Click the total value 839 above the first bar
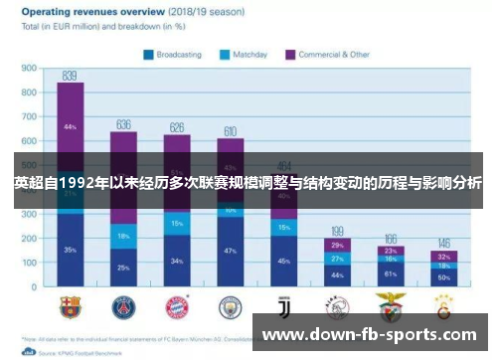coord(70,76)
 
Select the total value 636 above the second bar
coord(124,124)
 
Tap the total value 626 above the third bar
coord(177,127)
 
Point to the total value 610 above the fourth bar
coord(231,131)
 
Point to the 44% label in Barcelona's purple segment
coord(70,127)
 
